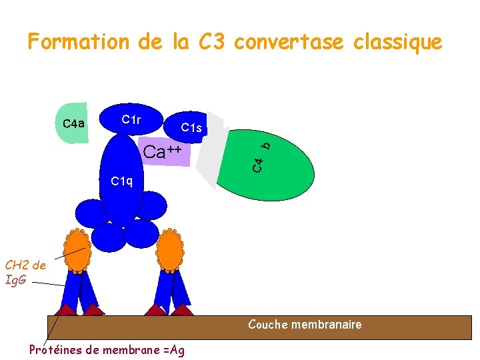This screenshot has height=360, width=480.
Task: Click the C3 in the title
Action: tap(212, 43)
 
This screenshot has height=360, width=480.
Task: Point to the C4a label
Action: tap(73, 123)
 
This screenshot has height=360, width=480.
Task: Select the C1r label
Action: tap(131, 119)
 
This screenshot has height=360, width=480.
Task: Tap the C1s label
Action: tap(191, 127)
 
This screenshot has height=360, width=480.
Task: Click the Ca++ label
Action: tap(163, 152)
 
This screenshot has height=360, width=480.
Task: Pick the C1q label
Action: tap(122, 181)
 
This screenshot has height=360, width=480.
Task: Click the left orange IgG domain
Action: tap(77, 251)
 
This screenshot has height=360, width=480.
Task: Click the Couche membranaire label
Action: tap(305, 325)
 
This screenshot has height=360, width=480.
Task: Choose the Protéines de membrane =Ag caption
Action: tap(107, 349)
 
